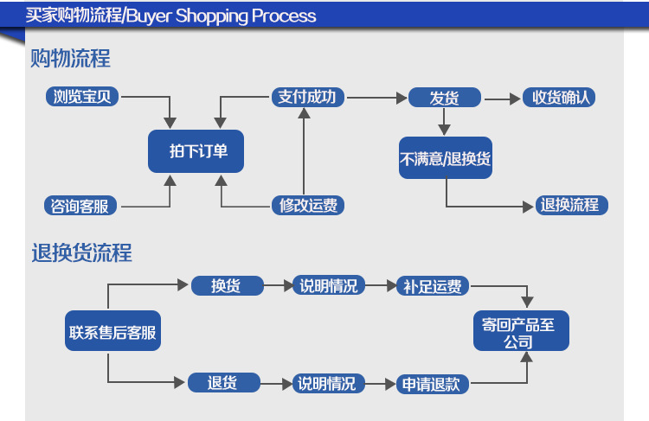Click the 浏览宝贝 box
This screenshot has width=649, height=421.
[82, 97]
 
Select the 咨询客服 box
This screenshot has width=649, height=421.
[80, 206]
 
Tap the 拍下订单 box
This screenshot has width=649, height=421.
[196, 151]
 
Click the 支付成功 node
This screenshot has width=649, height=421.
[307, 97]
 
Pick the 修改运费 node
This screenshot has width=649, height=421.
[307, 206]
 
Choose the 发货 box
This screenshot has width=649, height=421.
[445, 98]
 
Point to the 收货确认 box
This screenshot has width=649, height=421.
[559, 98]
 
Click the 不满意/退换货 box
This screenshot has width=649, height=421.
[446, 158]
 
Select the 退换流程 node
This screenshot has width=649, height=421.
[572, 205]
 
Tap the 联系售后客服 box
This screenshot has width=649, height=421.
[112, 331]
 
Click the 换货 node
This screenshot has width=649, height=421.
[228, 285]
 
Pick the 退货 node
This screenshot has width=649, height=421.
[224, 383]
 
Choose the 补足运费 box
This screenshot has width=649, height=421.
[433, 286]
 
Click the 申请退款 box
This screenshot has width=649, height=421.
[433, 384]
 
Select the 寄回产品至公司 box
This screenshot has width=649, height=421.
[521, 331]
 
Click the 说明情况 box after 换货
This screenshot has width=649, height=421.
[329, 285]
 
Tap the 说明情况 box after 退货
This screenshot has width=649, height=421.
[329, 384]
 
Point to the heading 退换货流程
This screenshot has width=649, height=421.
[81, 252]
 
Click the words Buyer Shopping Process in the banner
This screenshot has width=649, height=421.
[221, 16]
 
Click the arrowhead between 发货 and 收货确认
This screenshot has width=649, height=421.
[516, 99]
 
